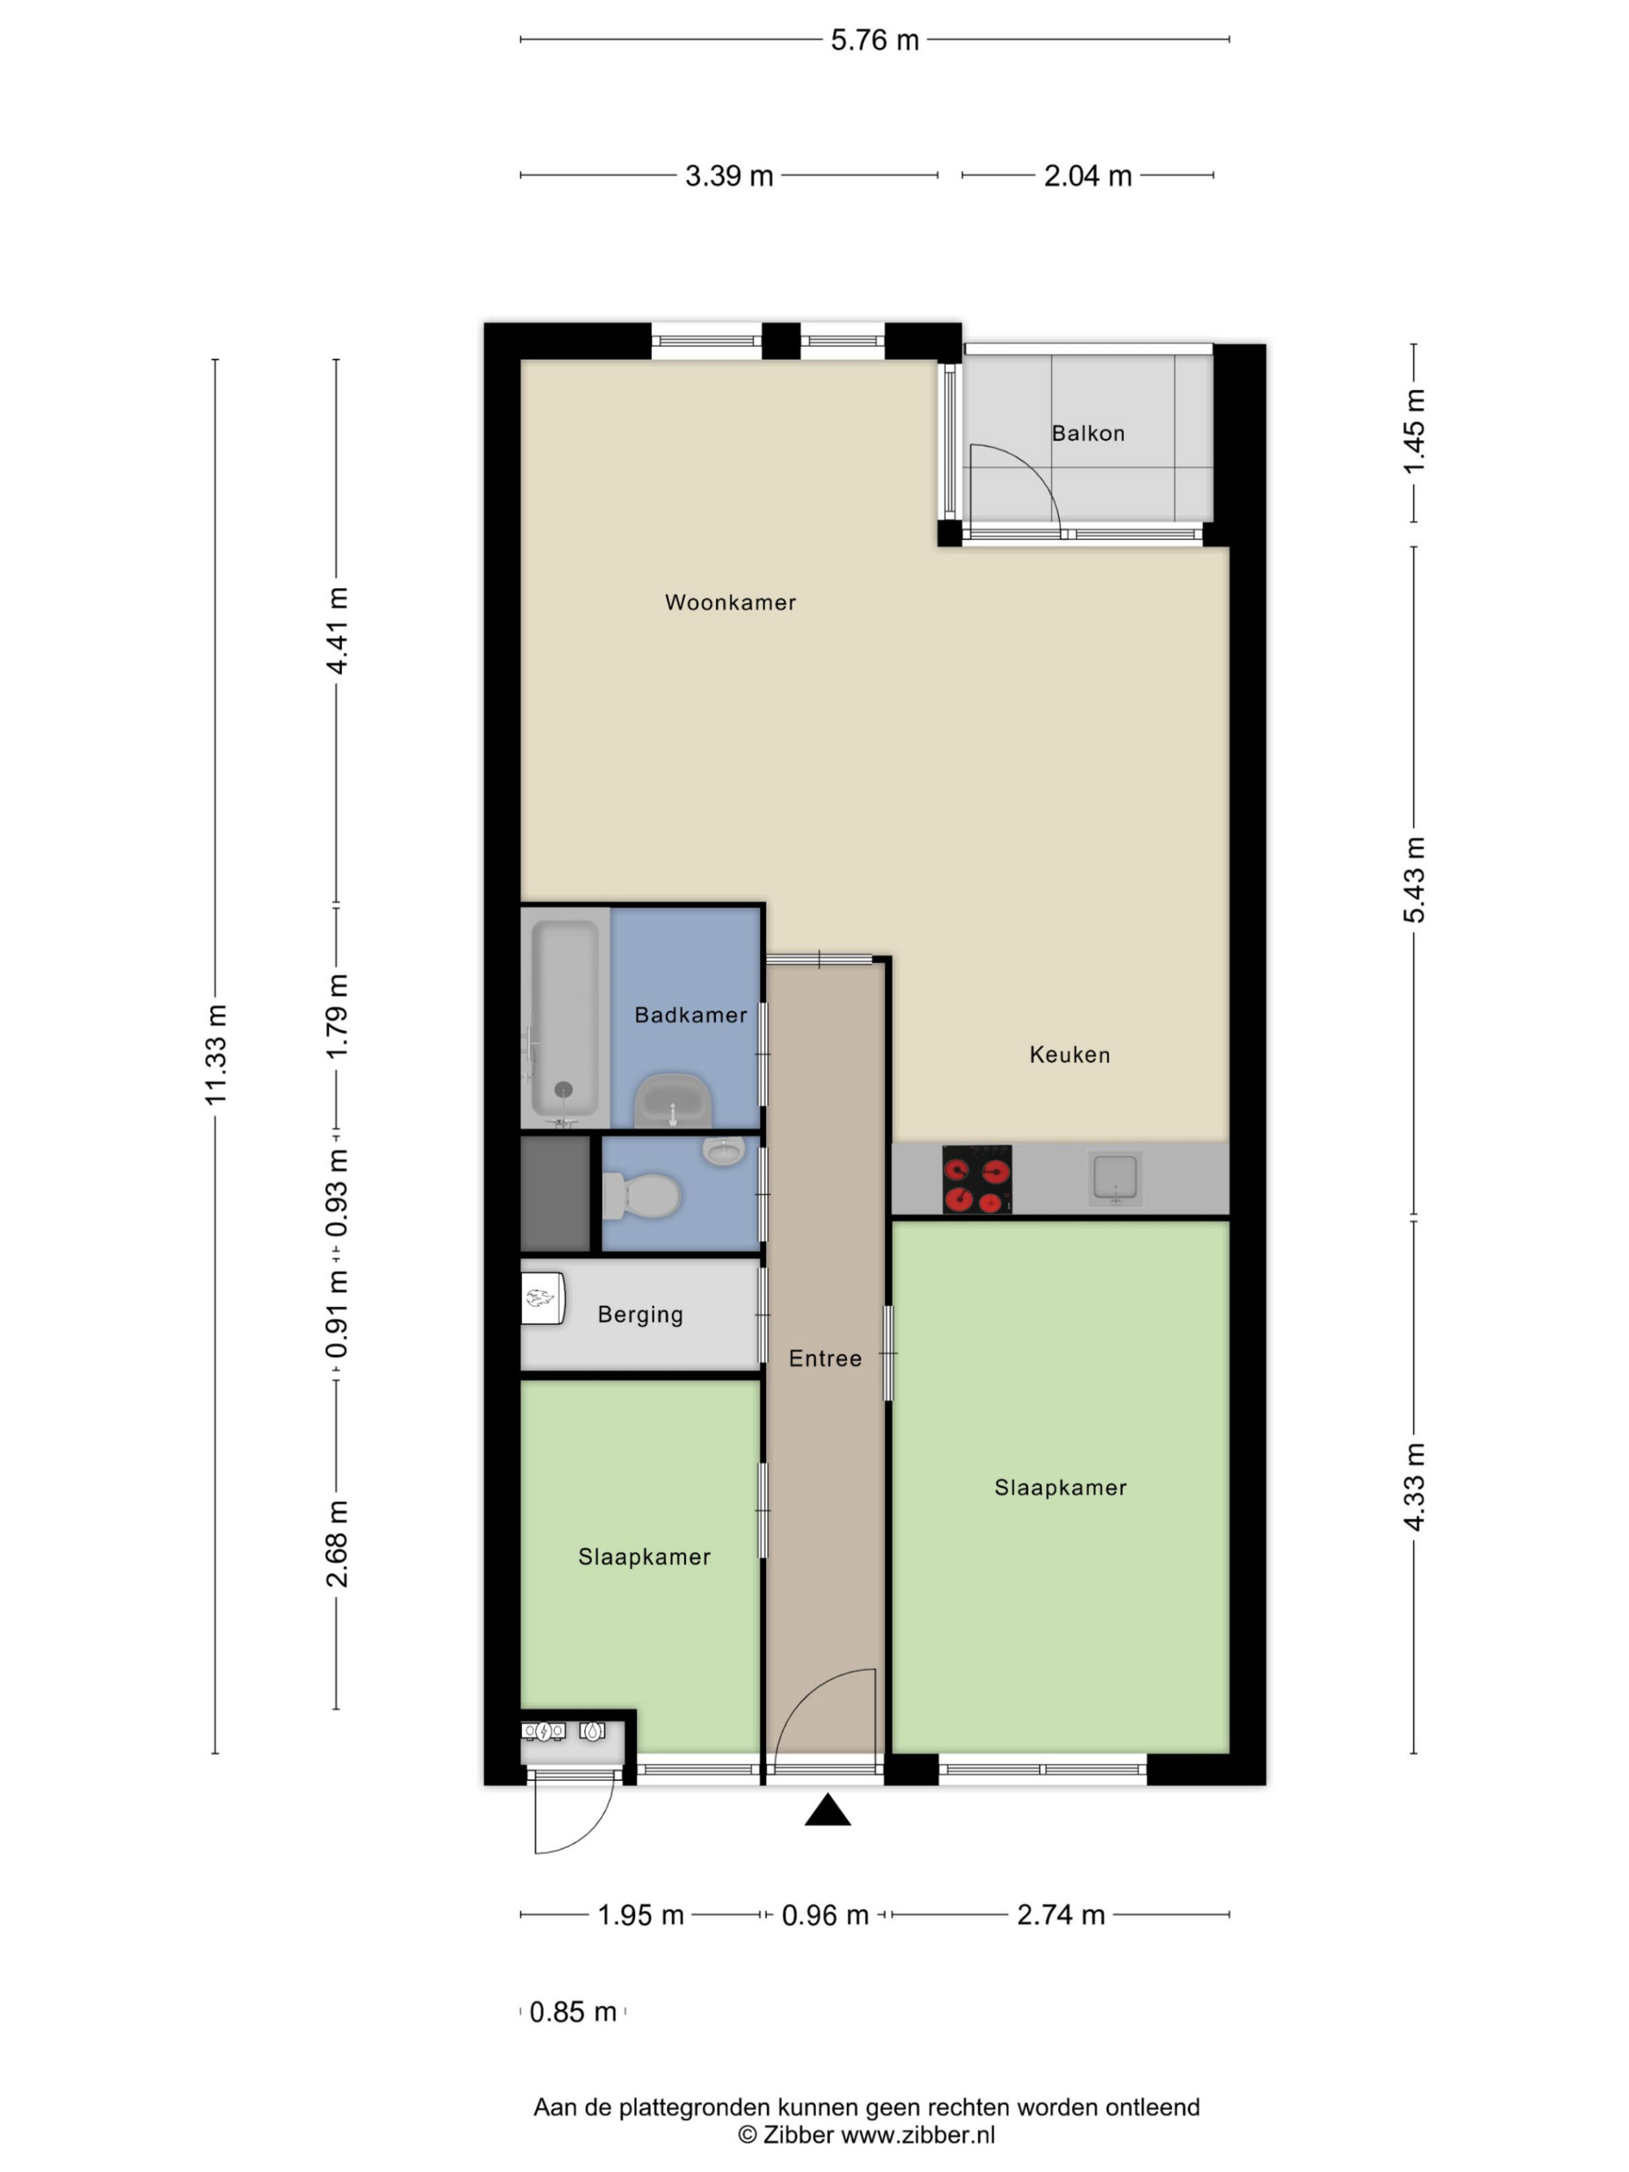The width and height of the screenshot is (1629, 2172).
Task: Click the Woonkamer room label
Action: point(730,602)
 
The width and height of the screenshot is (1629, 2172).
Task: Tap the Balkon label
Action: point(1088,433)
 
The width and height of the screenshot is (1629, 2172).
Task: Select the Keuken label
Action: point(1069,1055)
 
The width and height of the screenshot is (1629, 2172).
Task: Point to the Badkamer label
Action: point(690,1016)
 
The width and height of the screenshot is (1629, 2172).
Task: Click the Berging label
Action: point(640,1314)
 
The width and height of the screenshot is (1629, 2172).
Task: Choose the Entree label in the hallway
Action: point(825,1359)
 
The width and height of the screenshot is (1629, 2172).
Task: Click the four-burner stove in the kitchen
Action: point(977,1179)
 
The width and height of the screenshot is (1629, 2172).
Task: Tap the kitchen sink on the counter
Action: point(1115,1178)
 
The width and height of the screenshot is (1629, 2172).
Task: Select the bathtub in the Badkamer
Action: point(564,1017)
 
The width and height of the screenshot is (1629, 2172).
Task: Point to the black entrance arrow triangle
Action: point(828,1810)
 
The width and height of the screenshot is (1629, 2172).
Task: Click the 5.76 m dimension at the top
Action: point(875,40)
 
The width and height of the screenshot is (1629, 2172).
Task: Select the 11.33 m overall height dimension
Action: point(216,1055)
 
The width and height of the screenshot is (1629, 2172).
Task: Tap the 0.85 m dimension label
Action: point(573,2012)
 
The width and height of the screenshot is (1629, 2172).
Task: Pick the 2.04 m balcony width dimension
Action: point(1088,176)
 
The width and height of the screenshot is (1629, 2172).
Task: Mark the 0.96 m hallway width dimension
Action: point(825,1915)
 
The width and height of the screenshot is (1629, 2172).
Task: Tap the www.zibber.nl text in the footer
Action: point(918,2135)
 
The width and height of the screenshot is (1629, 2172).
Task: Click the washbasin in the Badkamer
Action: point(673,1099)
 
